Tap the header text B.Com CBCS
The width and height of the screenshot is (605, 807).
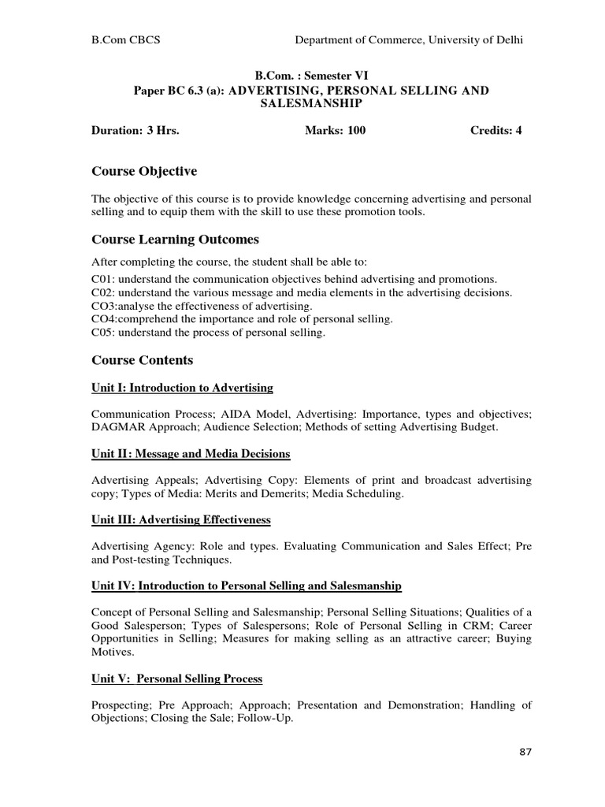[126, 40]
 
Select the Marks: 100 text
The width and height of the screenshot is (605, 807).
[335, 131]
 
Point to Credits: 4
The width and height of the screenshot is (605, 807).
[496, 131]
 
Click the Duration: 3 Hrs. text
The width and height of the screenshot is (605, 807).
[135, 131]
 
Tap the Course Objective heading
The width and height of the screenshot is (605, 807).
[144, 171]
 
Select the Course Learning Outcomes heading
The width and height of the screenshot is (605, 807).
[175, 240]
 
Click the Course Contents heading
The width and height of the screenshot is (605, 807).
[142, 360]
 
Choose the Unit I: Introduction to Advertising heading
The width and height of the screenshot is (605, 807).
[183, 388]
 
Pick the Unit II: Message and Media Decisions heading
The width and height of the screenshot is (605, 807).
[191, 454]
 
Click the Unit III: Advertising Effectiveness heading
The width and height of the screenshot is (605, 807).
[181, 520]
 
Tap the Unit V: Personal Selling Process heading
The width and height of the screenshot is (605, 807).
[177, 679]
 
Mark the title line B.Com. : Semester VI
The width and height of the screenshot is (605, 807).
[310, 76]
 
